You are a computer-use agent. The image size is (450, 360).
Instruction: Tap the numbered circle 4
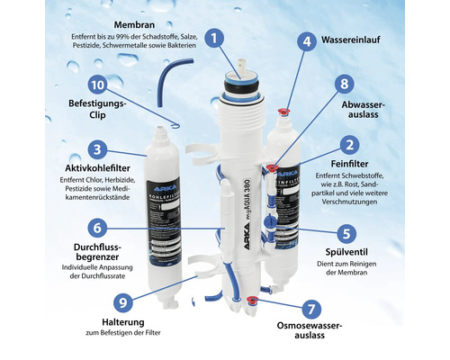coord(307,41)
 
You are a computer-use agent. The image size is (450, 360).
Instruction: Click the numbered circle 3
coord(99,149)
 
